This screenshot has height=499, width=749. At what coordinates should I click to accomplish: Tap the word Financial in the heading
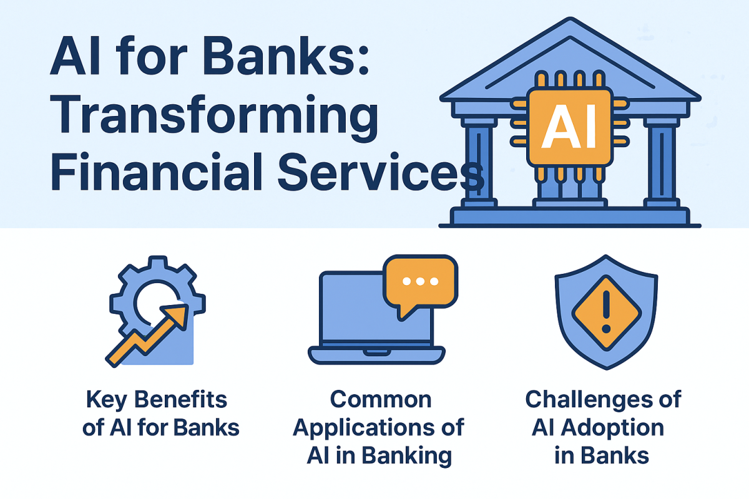tap(157, 172)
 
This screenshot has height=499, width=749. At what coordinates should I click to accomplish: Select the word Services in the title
tap(381, 172)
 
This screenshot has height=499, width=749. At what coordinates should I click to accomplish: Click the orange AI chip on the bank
tap(570, 127)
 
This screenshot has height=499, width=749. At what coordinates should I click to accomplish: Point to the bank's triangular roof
tap(570, 60)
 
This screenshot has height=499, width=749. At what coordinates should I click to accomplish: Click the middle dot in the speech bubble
tap(420, 281)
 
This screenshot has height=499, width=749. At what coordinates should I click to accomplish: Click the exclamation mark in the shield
tap(607, 312)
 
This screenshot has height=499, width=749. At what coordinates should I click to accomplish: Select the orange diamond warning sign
tap(607, 313)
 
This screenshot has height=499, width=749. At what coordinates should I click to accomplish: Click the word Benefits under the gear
tap(180, 399)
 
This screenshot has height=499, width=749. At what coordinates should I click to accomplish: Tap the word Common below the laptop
tap(381, 399)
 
